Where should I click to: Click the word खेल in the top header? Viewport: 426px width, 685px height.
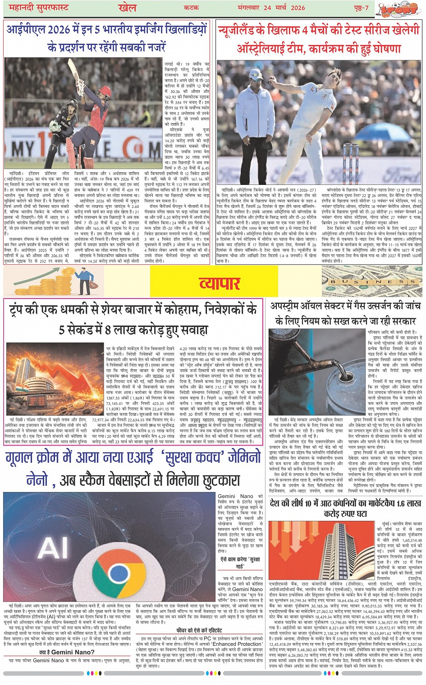[x=127, y=8]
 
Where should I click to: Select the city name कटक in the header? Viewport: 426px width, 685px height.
[x=192, y=8]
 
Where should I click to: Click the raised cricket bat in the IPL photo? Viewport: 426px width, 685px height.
[x=73, y=72]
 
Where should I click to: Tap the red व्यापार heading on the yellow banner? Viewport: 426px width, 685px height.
[x=219, y=283]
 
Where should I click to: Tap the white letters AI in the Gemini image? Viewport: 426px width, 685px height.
[x=53, y=548]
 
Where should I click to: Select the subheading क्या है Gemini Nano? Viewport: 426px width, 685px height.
[x=66, y=652]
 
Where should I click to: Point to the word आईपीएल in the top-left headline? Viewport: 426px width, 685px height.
[x=26, y=30]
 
